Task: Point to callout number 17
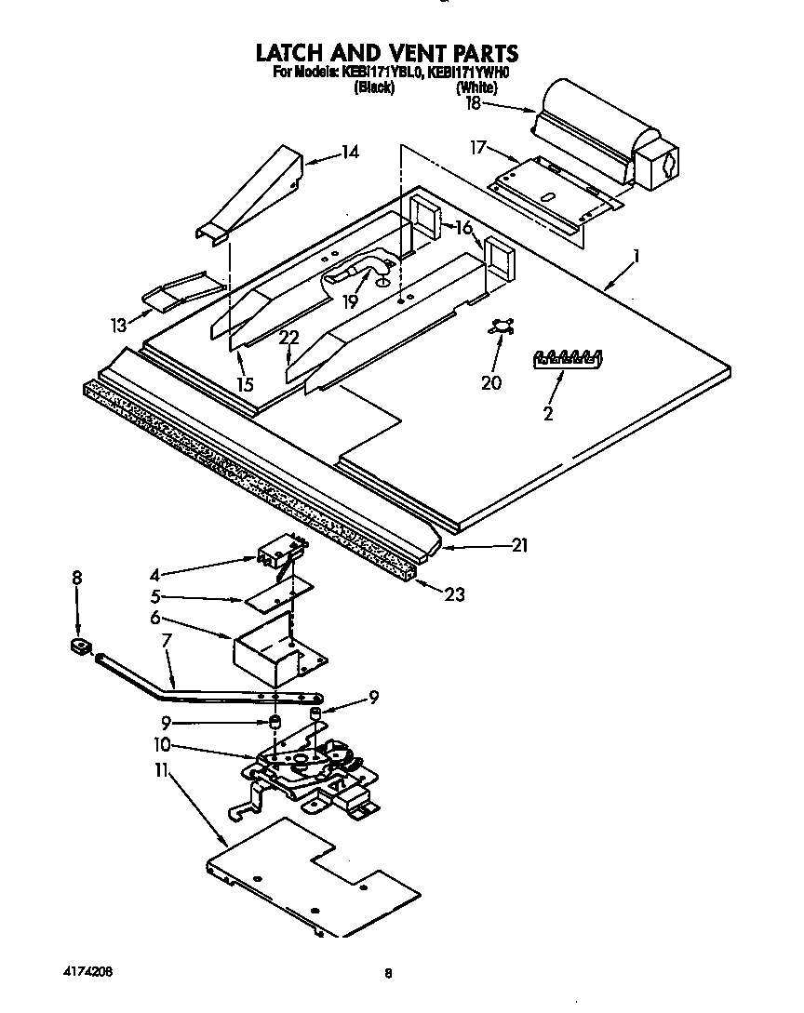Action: (x=477, y=146)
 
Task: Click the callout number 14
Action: (x=349, y=152)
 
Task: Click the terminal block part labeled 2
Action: (x=567, y=359)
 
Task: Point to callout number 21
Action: (x=518, y=546)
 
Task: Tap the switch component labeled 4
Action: (x=277, y=554)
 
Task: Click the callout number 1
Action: (x=636, y=254)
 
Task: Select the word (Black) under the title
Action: (x=374, y=87)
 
